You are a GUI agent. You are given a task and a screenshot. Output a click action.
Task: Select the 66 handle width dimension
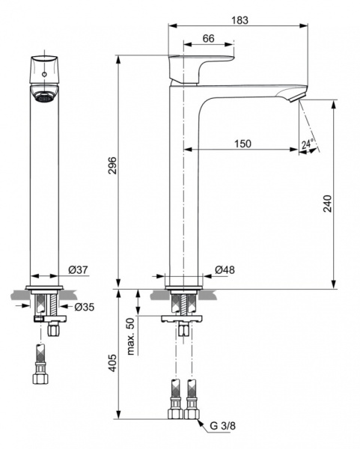tap(208, 38)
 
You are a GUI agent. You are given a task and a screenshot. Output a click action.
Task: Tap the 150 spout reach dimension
tap(242, 143)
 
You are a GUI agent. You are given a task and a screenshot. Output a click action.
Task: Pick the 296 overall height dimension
tap(112, 166)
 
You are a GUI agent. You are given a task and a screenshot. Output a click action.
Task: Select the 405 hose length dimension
tap(112, 364)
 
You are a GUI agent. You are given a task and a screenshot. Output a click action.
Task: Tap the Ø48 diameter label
tap(224, 269)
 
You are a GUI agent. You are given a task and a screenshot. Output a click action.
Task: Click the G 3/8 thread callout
tap(222, 427)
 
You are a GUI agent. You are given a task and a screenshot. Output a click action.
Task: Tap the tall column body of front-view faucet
tap(45, 187)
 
